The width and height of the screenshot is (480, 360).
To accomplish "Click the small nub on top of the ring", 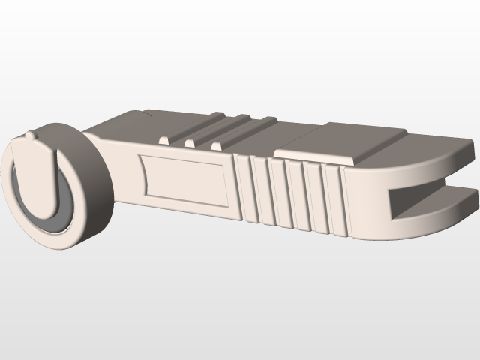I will click(30, 136).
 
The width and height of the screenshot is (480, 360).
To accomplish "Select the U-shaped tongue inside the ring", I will click(45, 180).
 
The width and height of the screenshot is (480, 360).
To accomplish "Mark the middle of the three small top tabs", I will click(190, 142).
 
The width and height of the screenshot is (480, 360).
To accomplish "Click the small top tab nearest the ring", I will click(164, 139).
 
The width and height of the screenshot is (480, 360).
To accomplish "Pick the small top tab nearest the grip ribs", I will click(216, 145).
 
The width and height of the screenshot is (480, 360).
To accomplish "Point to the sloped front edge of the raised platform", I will click(315, 159).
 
